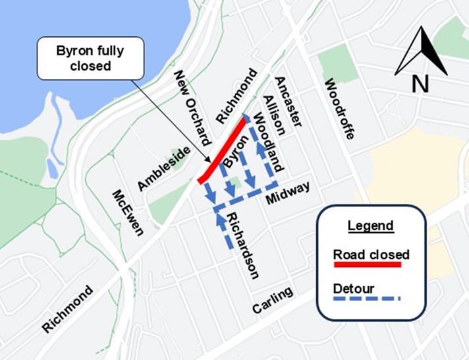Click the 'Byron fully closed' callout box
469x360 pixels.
point(90,58)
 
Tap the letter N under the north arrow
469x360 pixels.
point(420,83)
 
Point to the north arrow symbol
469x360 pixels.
point(421,51)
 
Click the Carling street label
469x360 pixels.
point(272,301)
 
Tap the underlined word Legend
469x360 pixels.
point(370,225)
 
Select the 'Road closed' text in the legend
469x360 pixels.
point(371,254)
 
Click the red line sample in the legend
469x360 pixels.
point(367,265)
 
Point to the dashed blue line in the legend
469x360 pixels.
point(367,299)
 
